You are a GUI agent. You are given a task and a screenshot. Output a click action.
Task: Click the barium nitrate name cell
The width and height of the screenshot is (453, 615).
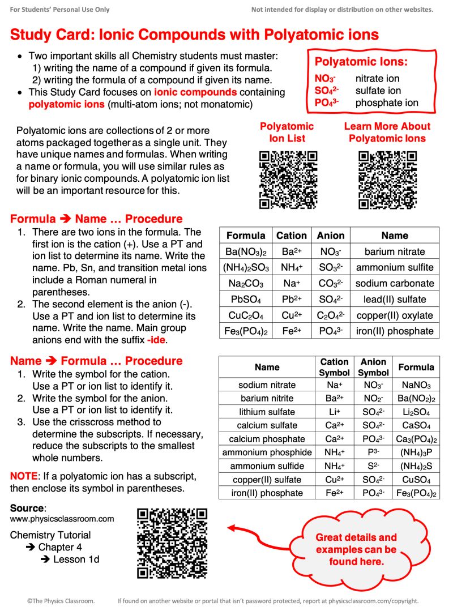(x=395, y=251)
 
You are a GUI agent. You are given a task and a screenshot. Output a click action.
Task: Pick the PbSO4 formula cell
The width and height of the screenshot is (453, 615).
(x=245, y=299)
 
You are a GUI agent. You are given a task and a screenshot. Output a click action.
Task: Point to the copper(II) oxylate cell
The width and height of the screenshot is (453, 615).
(x=395, y=315)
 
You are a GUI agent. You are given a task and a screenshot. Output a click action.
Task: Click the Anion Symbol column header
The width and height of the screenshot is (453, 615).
(x=373, y=367)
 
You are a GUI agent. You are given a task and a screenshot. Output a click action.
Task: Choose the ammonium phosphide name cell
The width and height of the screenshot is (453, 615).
(x=267, y=452)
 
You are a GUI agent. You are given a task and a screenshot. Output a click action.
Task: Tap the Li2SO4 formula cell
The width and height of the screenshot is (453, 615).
(x=416, y=412)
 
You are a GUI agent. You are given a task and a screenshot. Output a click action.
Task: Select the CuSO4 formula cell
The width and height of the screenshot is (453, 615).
(x=416, y=480)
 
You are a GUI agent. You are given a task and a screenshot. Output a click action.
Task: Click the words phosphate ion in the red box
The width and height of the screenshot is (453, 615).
(x=387, y=103)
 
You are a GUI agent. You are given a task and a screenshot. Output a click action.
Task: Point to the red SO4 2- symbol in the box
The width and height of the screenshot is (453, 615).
(x=327, y=91)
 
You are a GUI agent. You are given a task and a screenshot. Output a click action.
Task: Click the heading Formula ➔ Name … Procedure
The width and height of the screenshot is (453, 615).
(x=96, y=219)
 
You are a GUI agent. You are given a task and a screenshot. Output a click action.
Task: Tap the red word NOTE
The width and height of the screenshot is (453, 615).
(x=23, y=476)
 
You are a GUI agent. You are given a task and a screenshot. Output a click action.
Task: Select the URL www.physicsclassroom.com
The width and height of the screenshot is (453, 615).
(x=62, y=519)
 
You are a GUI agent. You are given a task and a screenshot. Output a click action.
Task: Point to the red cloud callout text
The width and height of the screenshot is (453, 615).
(x=356, y=549)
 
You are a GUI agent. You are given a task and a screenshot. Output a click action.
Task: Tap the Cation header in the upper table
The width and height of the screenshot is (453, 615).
(x=292, y=236)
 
